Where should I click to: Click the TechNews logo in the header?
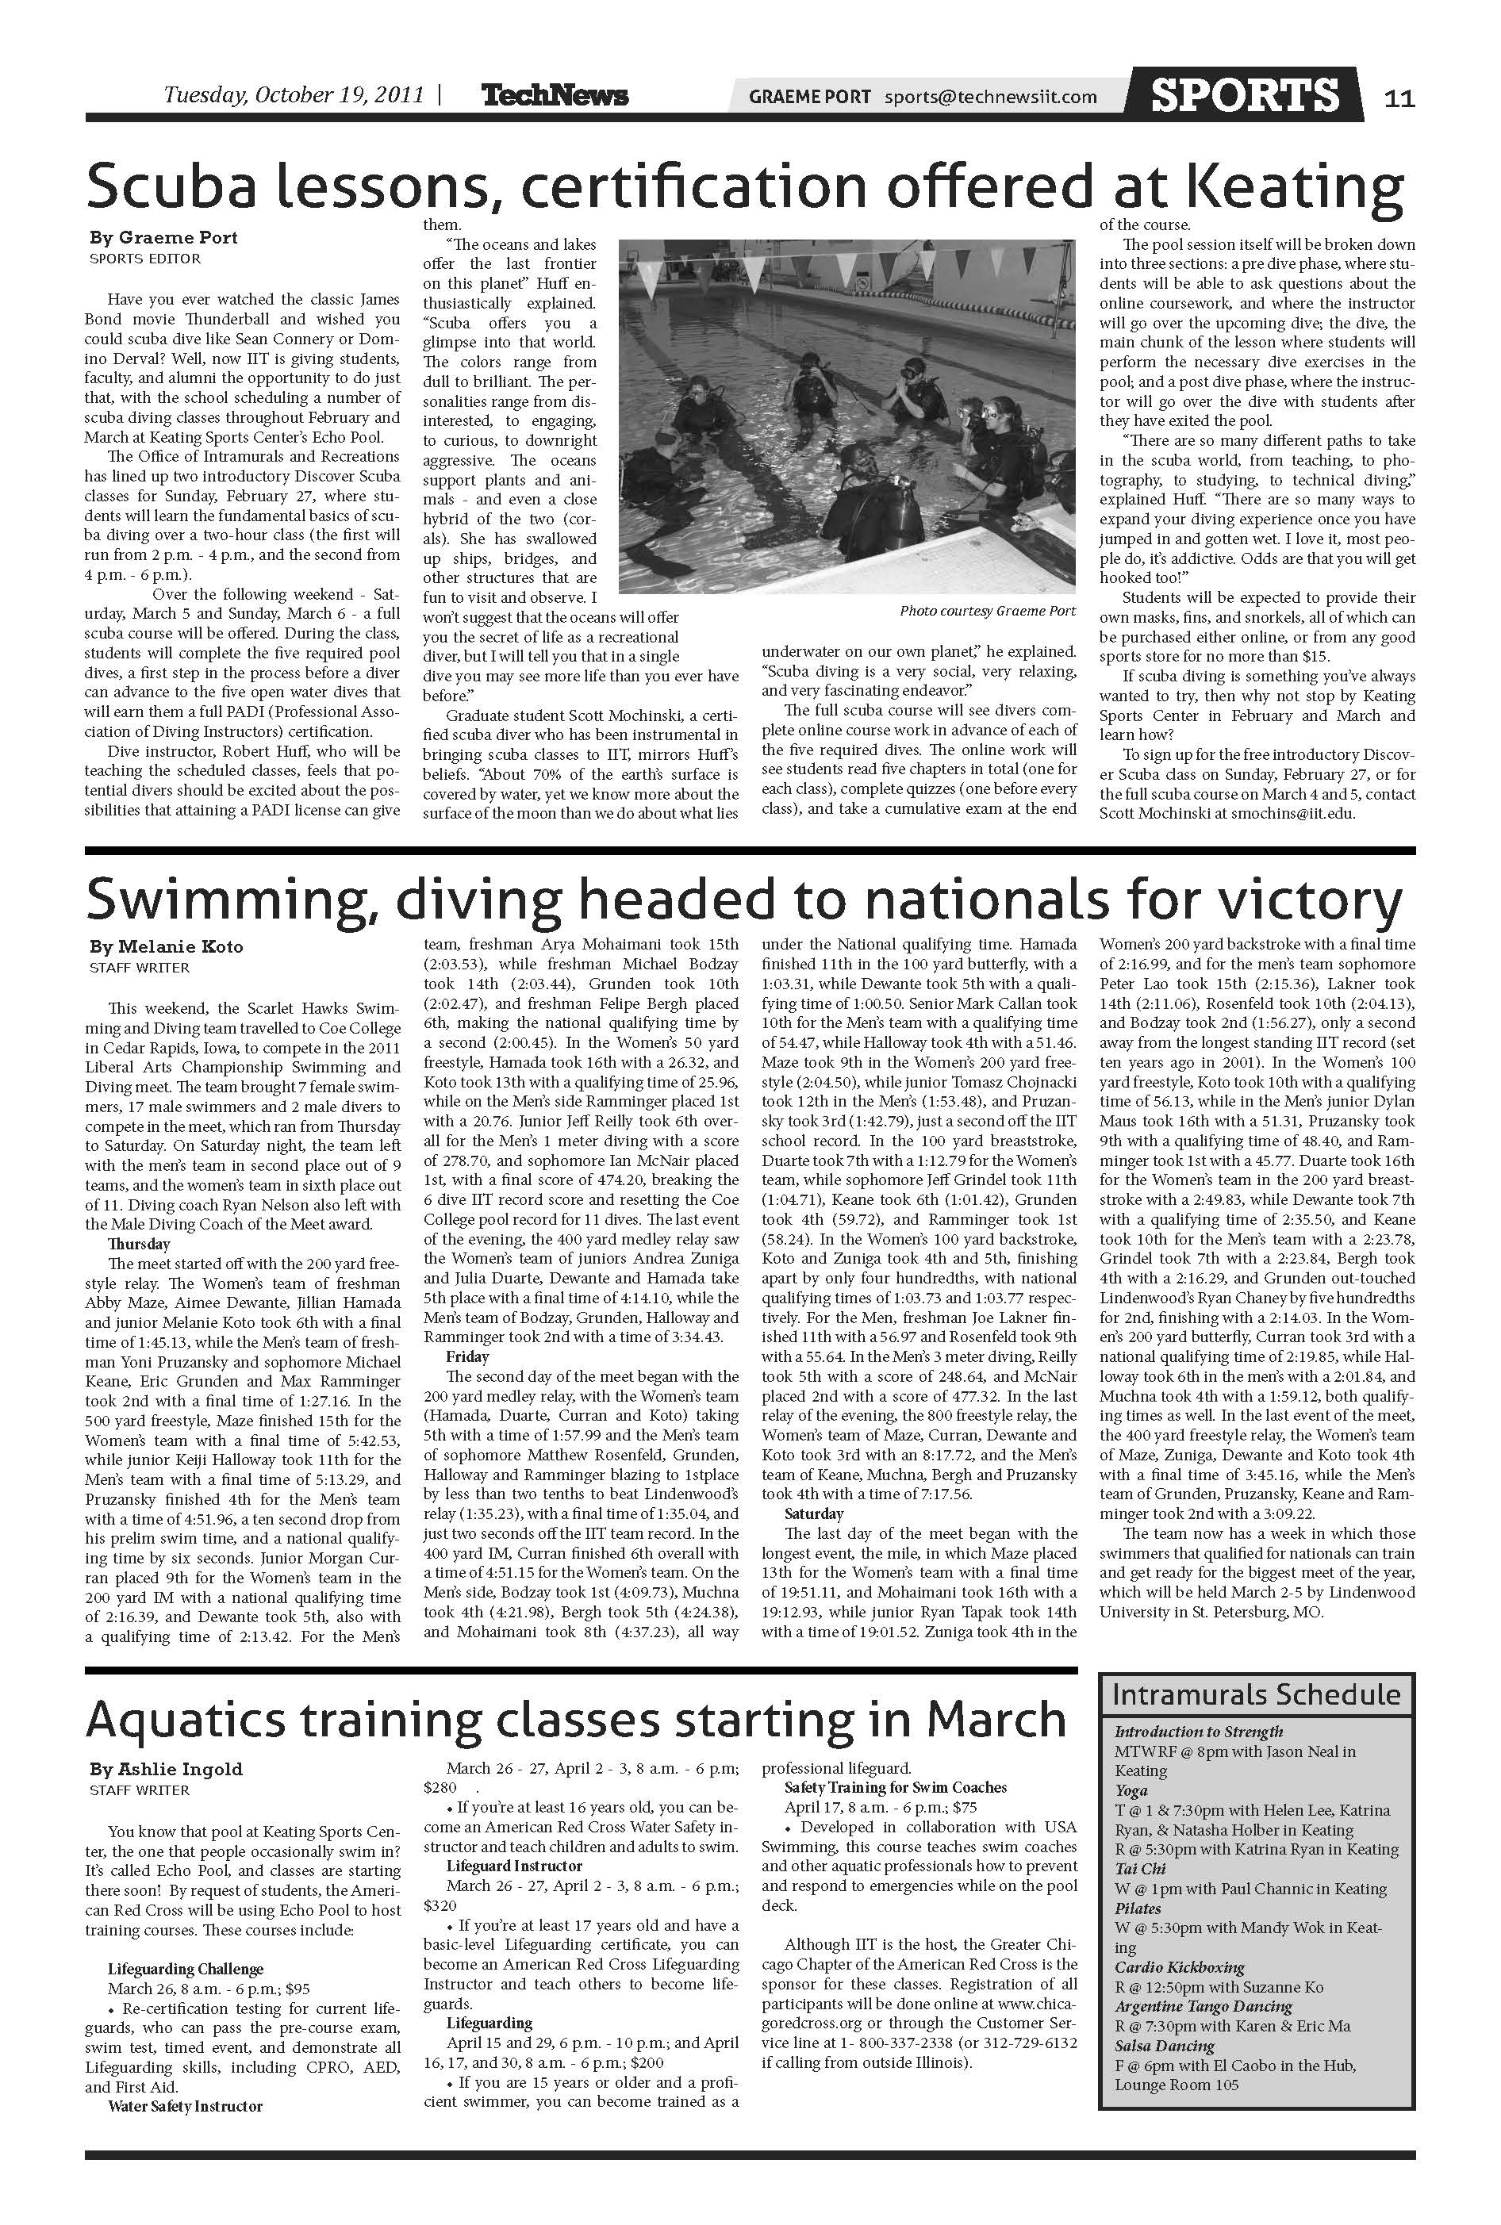[555, 96]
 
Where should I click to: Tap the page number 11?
[1399, 98]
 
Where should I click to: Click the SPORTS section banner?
[1245, 94]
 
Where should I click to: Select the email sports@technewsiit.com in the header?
[991, 97]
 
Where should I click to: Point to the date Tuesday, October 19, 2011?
[293, 94]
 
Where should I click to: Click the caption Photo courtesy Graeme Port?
[987, 611]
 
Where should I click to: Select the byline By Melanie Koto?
[167, 946]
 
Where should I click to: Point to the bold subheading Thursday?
[139, 1244]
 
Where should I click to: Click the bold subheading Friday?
[467, 1356]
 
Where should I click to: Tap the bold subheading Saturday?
[814, 1513]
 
